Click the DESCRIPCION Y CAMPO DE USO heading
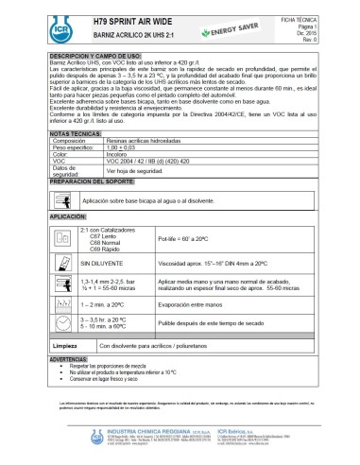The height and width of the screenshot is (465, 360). [97, 58]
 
